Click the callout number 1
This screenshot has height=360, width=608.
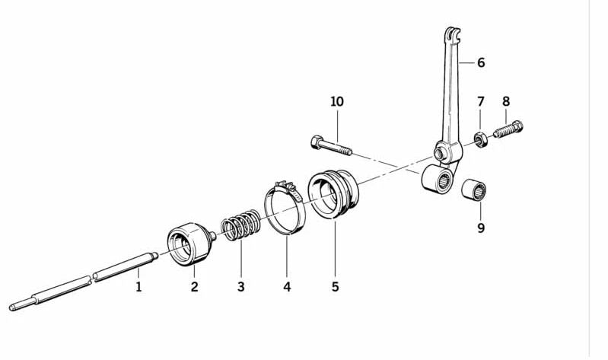point(138,287)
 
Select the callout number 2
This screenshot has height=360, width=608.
point(194,287)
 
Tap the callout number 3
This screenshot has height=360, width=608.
point(240,287)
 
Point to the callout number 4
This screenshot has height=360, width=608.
point(287,287)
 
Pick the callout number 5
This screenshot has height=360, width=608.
point(335,287)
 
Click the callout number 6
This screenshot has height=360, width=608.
point(480,62)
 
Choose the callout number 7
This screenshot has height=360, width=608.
point(480,101)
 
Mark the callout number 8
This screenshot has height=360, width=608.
point(505,101)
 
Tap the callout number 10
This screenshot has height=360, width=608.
point(337,101)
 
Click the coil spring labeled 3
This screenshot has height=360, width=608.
point(240,228)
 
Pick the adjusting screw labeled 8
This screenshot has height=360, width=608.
point(509,129)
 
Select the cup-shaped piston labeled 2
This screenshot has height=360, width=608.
point(188,242)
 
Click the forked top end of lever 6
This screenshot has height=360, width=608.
point(452,34)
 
